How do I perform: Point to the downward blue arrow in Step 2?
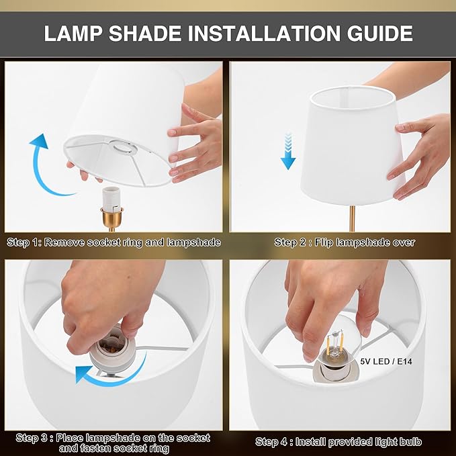[x=289, y=151]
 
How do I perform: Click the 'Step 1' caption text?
[x=113, y=242]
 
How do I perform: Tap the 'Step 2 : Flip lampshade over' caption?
[x=345, y=242]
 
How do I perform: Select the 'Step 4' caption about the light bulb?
[x=338, y=441]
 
